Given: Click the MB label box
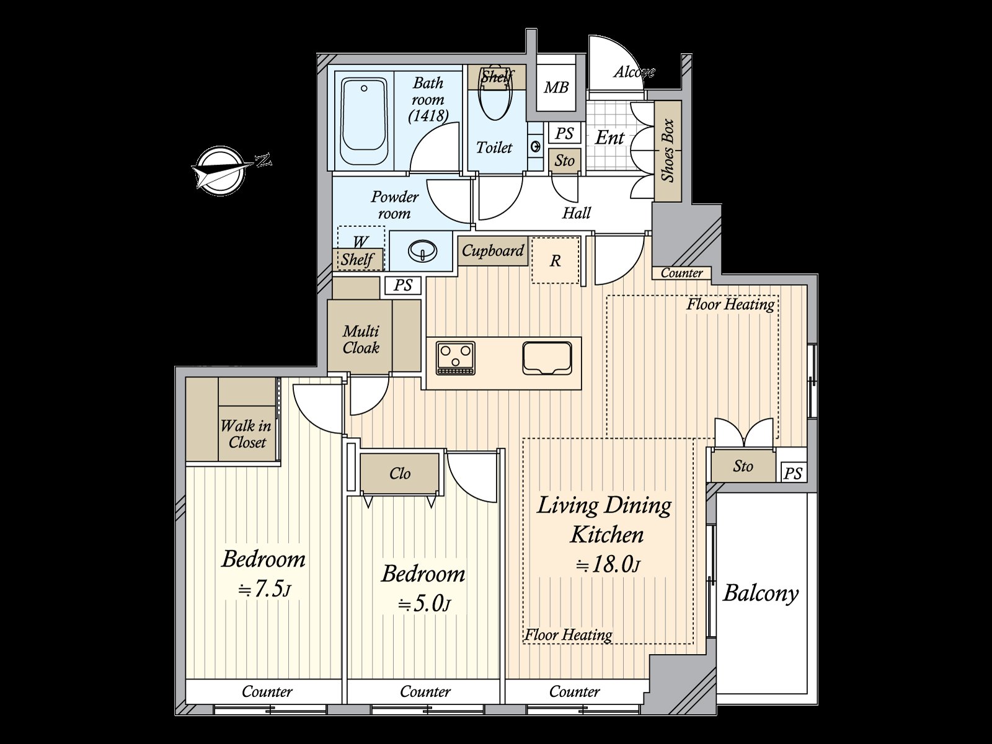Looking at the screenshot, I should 556,87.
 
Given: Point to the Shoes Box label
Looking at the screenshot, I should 668,150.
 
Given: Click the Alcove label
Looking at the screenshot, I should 634,72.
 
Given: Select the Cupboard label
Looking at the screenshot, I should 493,250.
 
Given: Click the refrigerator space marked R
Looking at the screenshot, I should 555,261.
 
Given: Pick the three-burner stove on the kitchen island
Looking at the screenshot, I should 455,358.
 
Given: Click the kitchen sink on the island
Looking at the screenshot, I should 546,358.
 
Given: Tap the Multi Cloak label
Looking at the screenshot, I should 361,339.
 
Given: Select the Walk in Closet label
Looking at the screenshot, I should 246,434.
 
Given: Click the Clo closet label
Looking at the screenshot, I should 400,474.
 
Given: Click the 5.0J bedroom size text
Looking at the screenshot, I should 424,603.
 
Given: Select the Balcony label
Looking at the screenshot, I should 761,593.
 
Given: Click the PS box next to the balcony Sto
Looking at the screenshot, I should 793,474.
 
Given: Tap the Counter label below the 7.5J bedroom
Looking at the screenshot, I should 267,691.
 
